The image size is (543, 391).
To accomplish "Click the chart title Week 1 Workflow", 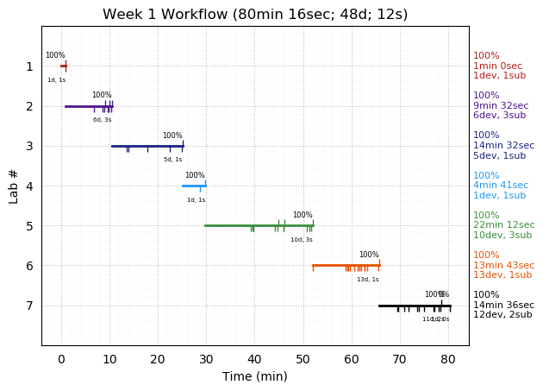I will (x=255, y=15).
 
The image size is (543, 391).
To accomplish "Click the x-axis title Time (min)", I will (x=255, y=376).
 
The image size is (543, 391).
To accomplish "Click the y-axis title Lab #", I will (x=14, y=186).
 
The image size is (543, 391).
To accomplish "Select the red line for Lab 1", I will (x=63, y=66).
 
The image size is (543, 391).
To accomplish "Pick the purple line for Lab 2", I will (x=86, y=106).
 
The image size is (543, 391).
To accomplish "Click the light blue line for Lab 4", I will (x=193, y=186).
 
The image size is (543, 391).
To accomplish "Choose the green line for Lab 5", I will (x=259, y=225).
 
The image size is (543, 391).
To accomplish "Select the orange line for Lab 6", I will (x=345, y=265).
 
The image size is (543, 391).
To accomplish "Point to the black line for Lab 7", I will (x=414, y=305).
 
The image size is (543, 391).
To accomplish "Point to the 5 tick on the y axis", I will (x=29, y=226).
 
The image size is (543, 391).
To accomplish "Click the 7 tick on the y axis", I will (x=29, y=306).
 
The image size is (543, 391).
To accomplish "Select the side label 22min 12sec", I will (x=503, y=225).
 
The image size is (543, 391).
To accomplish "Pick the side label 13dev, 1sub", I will (x=502, y=275).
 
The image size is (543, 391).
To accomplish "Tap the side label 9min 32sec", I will (x=501, y=106).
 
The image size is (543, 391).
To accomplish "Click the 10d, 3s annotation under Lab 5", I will (x=302, y=240).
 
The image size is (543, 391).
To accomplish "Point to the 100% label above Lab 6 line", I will (x=369, y=255).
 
